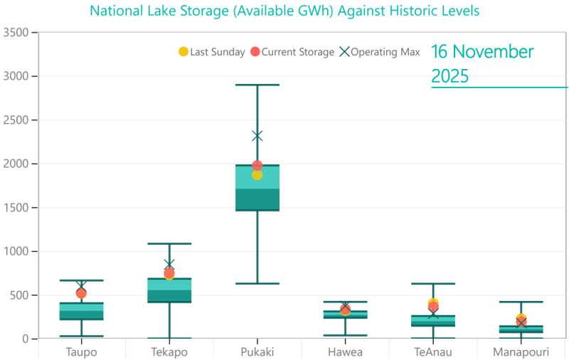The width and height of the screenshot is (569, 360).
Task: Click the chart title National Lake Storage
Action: pos(284,11)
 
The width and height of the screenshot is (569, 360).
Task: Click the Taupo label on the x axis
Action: pos(81,351)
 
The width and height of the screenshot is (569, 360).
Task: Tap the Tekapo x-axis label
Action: pos(169,351)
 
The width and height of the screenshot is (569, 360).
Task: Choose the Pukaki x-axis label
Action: pos(257,351)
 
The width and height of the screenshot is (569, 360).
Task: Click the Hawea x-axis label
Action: pos(345,351)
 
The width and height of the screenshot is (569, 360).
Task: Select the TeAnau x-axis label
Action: pos(433,351)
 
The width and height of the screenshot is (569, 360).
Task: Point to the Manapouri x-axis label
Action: pos(521,351)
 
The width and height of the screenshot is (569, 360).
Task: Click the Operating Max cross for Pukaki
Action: pos(257,136)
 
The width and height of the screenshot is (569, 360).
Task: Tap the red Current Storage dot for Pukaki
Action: pos(257,165)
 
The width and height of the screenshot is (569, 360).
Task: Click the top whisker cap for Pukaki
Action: pos(257,85)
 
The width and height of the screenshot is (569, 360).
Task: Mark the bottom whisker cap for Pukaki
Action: pos(257,283)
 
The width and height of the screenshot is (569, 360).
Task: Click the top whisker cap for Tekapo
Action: pos(169,244)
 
